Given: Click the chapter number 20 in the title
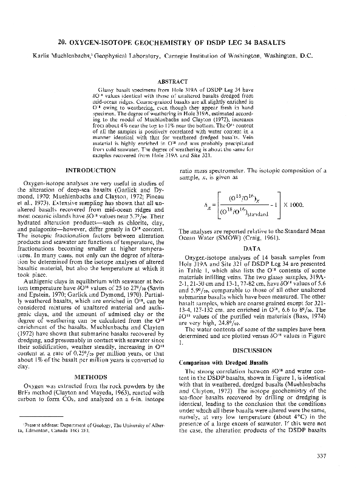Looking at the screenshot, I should pos(77,44).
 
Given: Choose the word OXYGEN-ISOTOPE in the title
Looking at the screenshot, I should pos(118,44).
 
